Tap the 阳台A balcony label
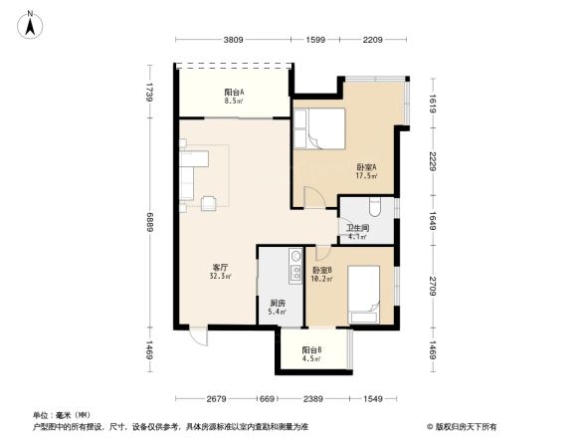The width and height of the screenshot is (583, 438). (x=234, y=96)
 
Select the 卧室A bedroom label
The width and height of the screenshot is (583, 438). (x=366, y=170)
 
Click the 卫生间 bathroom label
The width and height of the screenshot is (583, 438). (x=357, y=233)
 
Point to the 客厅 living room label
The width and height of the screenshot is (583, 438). (x=221, y=272)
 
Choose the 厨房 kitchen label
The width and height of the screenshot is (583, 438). (x=278, y=307)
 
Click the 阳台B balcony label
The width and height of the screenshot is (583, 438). (x=311, y=354)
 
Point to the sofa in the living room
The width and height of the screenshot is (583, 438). (x=191, y=174)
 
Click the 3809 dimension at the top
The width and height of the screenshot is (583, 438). (x=233, y=41)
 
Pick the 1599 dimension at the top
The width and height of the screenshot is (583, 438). (x=315, y=41)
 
